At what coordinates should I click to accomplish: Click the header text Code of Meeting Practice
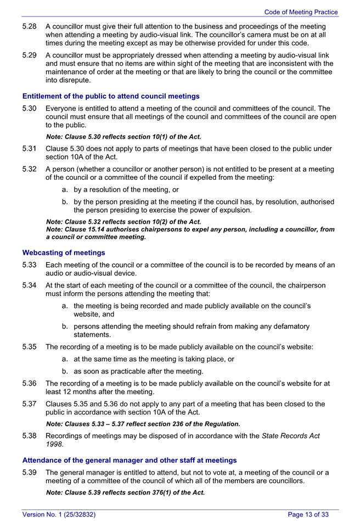[301, 12]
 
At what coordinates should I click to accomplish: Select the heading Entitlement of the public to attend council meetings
[111, 97]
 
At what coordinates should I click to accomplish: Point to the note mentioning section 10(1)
[123, 137]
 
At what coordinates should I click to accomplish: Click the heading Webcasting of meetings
[63, 253]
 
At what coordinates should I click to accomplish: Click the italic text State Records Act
[290, 436]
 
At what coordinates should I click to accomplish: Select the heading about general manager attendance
[130, 460]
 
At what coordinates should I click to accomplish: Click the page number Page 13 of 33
[308, 514]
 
